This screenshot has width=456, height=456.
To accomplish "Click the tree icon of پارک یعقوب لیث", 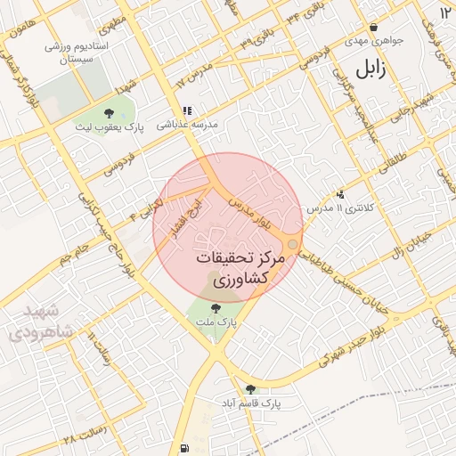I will pyautogui.click(x=109, y=113).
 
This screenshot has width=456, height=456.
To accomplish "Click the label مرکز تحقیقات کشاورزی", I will pyautogui.click(x=240, y=268).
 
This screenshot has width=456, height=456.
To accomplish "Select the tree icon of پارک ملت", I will pyautogui.click(x=216, y=309).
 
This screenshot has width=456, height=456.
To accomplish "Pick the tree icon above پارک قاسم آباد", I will pyautogui.click(x=250, y=388).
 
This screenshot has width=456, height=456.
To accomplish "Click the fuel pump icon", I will pyautogui.click(x=184, y=448).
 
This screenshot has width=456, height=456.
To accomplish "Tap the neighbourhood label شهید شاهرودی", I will pyautogui.click(x=36, y=323).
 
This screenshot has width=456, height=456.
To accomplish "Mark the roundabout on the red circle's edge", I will pyautogui.click(x=292, y=244).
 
